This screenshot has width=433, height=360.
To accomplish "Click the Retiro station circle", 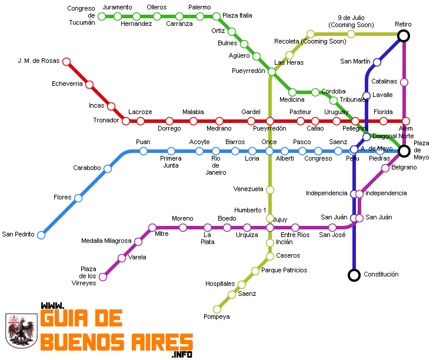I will pyautogui.click(x=404, y=36).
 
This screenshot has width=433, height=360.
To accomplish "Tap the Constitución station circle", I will pyautogui.click(x=354, y=275).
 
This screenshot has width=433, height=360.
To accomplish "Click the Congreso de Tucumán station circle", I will pyautogui.click(x=102, y=16).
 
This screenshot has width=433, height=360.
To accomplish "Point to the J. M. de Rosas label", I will pyautogui.click(x=39, y=61).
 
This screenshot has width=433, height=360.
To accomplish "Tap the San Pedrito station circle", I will pyautogui.click(x=41, y=235).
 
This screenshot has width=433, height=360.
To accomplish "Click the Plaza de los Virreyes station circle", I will pyautogui.click(x=103, y=276).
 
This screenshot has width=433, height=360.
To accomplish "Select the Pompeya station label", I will pyautogui.click(x=216, y=316).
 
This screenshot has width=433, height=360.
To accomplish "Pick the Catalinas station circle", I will pyautogui.click(x=404, y=82).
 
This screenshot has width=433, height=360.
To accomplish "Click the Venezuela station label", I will pyautogui.click(x=248, y=189).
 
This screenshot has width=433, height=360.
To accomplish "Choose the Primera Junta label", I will pyautogui.click(x=171, y=162).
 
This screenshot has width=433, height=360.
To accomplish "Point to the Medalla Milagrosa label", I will pyautogui.click(x=106, y=241).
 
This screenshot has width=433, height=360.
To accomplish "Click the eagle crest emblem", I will pyautogui.click(x=21, y=331).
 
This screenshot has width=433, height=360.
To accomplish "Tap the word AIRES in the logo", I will pyautogui.click(x=159, y=342).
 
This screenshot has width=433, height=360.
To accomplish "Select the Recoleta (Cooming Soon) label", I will pyautogui.click(x=310, y=42).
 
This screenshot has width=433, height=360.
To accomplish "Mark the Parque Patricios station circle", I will pyautogui.click(x=255, y=271).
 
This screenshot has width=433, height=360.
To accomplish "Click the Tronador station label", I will pyautogui.click(x=106, y=121).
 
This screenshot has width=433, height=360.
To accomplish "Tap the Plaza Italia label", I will pyautogui.click(x=237, y=15).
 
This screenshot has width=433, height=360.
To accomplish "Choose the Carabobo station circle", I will pyautogui.click(x=108, y=169).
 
